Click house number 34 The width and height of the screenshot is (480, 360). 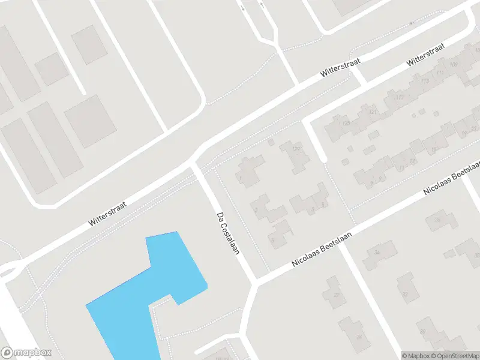click(x=377, y=253)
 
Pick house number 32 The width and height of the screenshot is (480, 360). click(x=405, y=294)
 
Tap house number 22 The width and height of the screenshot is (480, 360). click(x=336, y=295)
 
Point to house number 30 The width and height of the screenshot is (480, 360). click(x=422, y=331)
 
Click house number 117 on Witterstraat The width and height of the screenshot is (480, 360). click(x=400, y=97)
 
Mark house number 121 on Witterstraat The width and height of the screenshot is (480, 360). click(x=373, y=112)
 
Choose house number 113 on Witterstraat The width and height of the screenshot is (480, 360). click(x=425, y=81)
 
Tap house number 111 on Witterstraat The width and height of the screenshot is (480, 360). click(x=440, y=73)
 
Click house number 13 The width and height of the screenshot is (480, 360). click(x=413, y=161)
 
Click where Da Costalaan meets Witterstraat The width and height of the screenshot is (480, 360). click(x=194, y=163)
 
